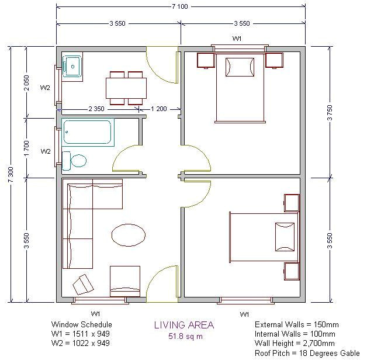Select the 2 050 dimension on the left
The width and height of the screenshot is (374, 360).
tap(27, 82)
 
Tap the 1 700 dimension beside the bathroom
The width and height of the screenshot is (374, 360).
tap(27, 146)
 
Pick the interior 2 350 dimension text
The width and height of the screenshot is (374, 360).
tap(97, 109)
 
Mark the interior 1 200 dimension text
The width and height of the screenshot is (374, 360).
tap(159, 109)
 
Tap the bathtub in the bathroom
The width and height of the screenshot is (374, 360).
tap(87, 132)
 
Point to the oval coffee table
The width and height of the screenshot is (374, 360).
tap(129, 236)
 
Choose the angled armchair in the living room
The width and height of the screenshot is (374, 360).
tap(83, 285)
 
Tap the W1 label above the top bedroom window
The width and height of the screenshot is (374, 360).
tap(237, 39)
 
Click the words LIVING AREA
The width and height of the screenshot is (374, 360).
tap(183, 325)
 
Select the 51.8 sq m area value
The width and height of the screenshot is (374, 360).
tap(183, 336)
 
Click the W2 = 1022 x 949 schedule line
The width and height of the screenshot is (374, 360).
tap(81, 343)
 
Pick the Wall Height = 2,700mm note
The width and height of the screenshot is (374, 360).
tap(295, 344)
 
